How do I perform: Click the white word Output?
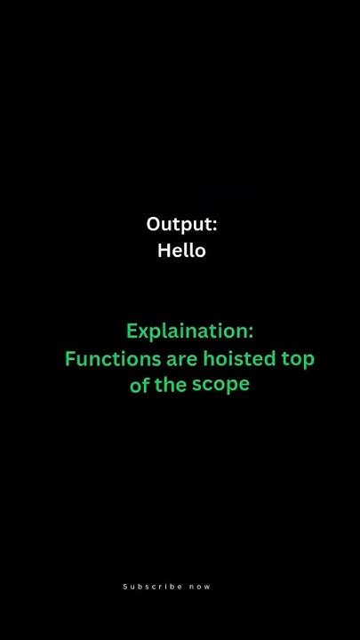point(179,225)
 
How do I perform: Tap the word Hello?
point(181,251)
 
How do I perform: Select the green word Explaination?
point(188,332)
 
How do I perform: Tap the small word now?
point(201,587)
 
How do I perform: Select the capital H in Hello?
point(164,251)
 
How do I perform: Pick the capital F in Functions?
point(70,359)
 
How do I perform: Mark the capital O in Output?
point(153,225)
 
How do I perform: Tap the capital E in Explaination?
point(132,331)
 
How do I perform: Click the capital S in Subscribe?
point(124,587)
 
